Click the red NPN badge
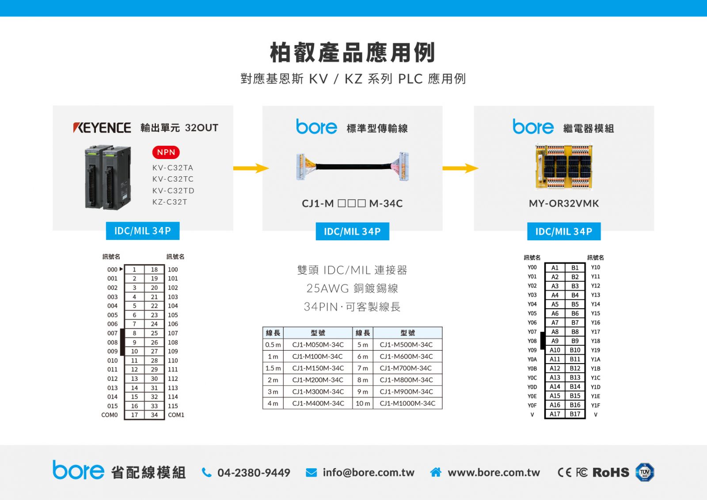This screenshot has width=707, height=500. coord(166,152)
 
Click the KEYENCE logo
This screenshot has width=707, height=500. coord(102,128)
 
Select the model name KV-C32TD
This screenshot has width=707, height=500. coord(173,190)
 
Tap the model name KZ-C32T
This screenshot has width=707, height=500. coord(170,202)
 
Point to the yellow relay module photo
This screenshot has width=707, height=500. coord(564,167)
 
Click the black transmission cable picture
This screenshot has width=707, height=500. coord(352,166)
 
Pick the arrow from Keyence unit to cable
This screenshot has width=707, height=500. coord(251,168)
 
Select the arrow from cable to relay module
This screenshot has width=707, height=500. coord(460,168)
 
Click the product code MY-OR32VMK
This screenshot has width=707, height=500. coord(564,204)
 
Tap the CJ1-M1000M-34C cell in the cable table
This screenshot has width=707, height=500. coord(407,403)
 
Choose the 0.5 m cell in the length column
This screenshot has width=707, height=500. coord(273,345)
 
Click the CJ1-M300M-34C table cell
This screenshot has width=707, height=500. coord(318,391)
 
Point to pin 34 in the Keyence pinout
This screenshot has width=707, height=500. coord(154,415)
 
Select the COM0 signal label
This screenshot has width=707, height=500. coord(109,415)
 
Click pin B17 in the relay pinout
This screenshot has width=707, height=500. coord(575,414)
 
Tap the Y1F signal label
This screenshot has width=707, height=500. coord(596,405)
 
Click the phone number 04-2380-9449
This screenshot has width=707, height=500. coord(254,473)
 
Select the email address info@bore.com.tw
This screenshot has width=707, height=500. coord(369,473)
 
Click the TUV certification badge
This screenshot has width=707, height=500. coord(645,472)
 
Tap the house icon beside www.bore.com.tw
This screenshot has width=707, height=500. coord(436,472)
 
